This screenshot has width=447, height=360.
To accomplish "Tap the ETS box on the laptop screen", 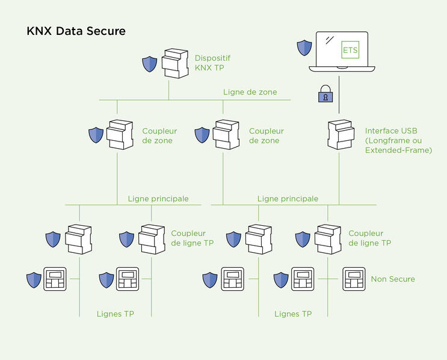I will [350, 49].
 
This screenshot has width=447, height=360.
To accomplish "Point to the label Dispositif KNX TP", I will [212, 63].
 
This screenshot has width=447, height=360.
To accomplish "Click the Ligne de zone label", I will [250, 92].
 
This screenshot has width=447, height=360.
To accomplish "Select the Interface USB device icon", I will [341, 135].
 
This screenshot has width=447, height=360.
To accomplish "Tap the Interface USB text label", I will [398, 140].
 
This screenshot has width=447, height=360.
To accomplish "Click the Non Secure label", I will [393, 279].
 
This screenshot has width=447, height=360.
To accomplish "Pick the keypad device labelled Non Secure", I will [354, 279].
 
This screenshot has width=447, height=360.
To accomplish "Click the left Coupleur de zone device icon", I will [120, 135].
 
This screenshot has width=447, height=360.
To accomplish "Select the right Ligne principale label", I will [288, 198].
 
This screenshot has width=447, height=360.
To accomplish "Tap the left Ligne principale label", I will [158, 198].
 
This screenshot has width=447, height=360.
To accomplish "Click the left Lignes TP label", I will [115, 314].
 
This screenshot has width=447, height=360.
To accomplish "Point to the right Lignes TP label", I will [293, 314].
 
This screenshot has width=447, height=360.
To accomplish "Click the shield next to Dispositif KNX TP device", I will [149, 64].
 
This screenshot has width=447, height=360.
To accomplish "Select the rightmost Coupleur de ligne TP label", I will [369, 238].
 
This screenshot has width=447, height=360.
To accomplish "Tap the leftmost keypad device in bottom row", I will [56, 279].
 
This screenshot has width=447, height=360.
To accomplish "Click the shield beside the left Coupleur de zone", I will [96, 135].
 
